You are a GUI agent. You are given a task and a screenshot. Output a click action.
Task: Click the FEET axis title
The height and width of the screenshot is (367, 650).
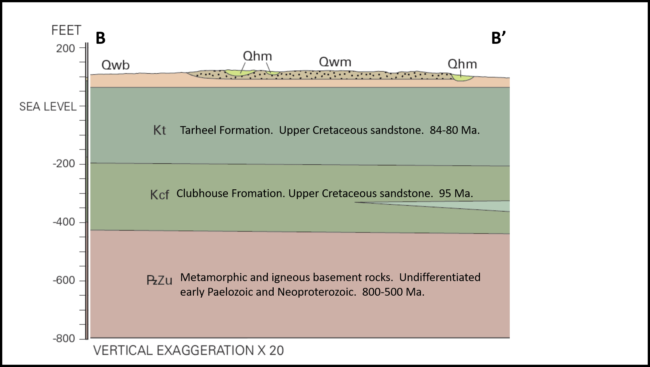pyautogui.click(x=66, y=30)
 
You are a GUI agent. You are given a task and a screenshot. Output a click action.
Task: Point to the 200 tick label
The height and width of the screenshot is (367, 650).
pyautogui.click(x=65, y=49)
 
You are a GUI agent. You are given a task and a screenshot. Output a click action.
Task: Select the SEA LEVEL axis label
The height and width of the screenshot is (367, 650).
pyautogui.click(x=48, y=107)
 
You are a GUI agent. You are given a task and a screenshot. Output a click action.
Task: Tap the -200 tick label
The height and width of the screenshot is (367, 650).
pyautogui.click(x=64, y=164)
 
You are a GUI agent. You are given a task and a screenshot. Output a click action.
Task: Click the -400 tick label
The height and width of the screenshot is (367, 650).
pyautogui.click(x=64, y=222)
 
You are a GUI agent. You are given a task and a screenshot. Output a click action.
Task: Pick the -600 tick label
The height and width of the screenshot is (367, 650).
pyautogui.click(x=64, y=280)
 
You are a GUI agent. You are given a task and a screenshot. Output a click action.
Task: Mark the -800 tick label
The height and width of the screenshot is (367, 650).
pyautogui.click(x=64, y=339)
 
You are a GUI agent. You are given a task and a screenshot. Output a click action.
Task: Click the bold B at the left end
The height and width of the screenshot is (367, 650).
pyautogui.click(x=100, y=38)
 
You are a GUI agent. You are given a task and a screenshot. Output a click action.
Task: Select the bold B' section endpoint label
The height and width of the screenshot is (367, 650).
pyautogui.click(x=498, y=38)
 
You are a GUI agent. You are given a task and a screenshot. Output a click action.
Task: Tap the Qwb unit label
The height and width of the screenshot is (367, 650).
pyautogui.click(x=115, y=65)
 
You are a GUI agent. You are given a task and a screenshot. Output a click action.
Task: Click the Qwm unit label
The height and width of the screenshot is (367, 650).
pyautogui.click(x=335, y=62)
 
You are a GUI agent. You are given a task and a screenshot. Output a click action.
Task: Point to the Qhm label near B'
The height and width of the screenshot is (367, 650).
pyautogui.click(x=462, y=64)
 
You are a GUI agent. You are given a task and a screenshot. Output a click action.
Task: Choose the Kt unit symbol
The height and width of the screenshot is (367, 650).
pyautogui.click(x=159, y=130)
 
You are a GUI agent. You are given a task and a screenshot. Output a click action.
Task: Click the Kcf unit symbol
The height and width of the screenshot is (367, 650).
pyautogui.click(x=159, y=195)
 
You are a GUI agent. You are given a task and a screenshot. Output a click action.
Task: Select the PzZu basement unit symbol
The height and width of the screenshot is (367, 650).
pyautogui.click(x=159, y=280)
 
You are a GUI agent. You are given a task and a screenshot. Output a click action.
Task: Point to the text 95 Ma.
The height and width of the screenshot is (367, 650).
pyautogui.click(x=456, y=194)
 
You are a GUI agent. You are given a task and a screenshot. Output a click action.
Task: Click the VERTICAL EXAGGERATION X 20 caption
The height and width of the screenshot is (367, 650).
pyautogui.click(x=188, y=350)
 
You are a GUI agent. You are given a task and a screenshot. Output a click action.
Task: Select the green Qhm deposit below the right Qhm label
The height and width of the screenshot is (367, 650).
pyautogui.click(x=462, y=78)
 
